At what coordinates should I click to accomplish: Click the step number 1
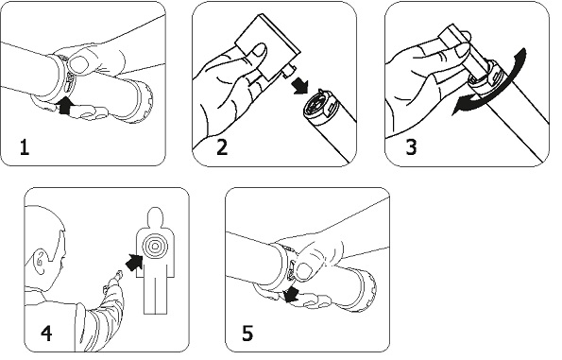click(25, 147)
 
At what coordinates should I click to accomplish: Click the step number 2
click(222, 147)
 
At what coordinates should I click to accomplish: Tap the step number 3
click(412, 147)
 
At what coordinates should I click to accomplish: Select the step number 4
click(46, 334)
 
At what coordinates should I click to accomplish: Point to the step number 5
click(247, 334)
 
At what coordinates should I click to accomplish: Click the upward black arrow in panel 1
click(65, 106)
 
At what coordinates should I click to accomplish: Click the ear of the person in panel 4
click(40, 262)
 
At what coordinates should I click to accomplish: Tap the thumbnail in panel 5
click(305, 271)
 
